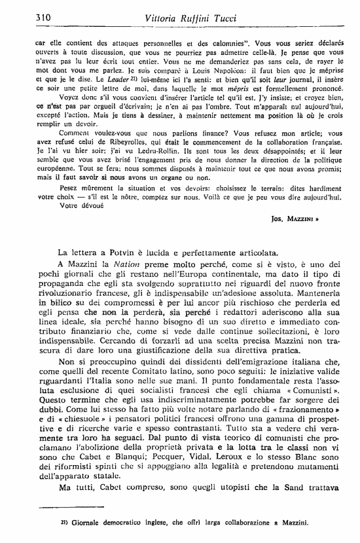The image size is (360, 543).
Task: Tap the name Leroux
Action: pyautogui.click(x=242, y=440)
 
